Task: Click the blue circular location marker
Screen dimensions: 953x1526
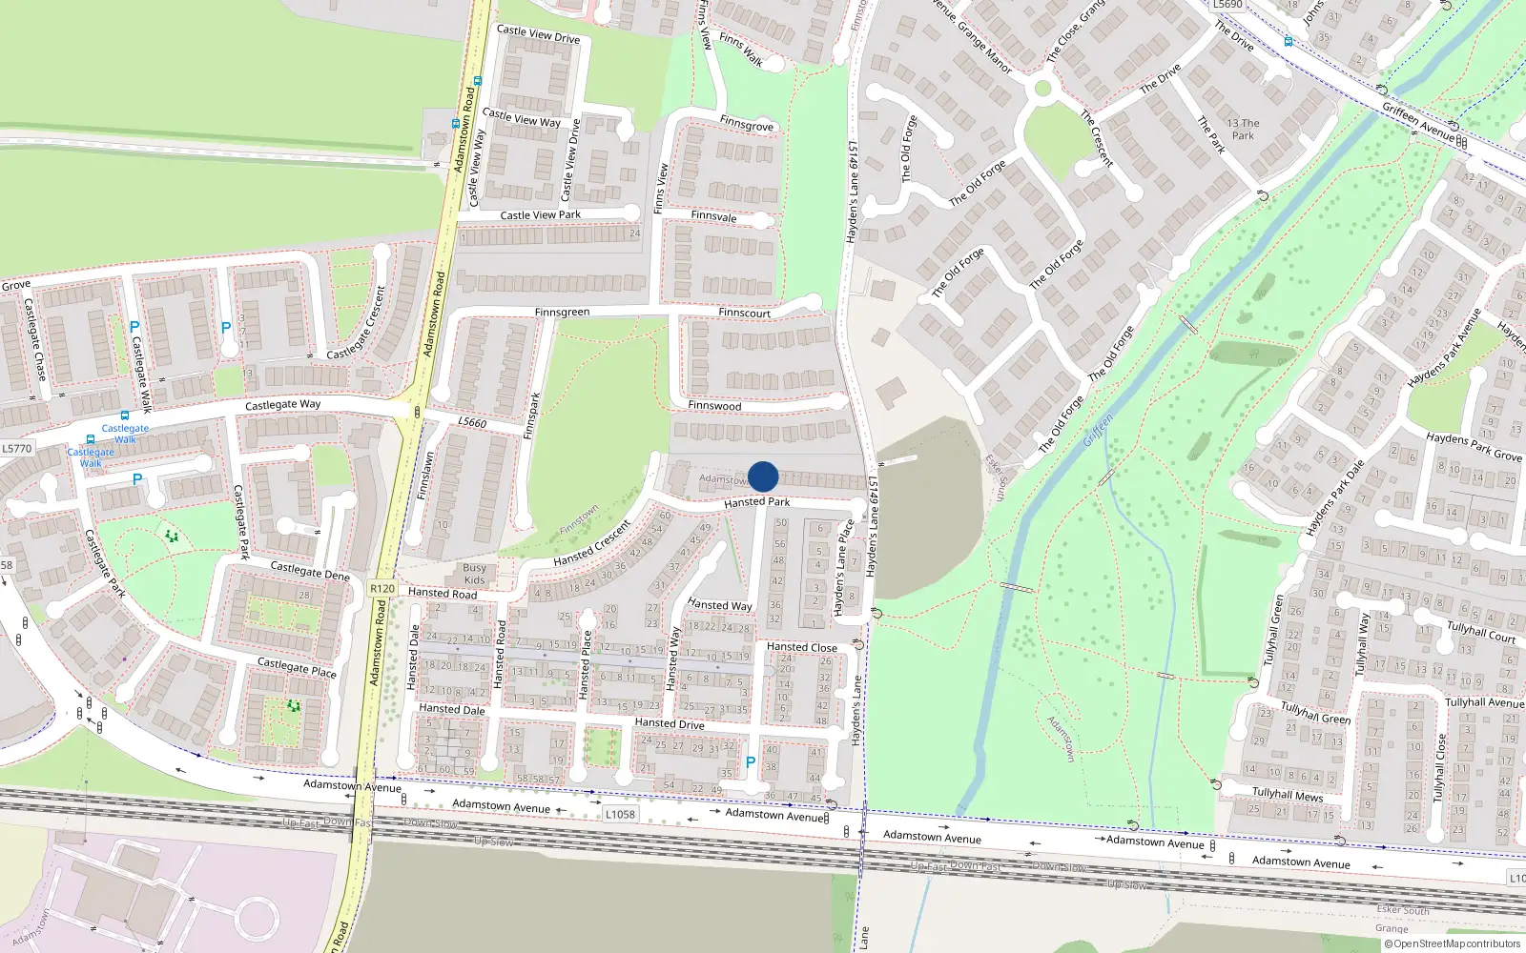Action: (x=763, y=476)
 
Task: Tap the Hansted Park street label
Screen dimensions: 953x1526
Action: (x=756, y=502)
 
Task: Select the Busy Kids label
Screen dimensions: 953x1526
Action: (x=475, y=574)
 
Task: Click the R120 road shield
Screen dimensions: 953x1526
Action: (x=382, y=589)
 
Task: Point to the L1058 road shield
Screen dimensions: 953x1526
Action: (x=620, y=814)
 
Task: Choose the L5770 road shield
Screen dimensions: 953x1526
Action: (x=16, y=448)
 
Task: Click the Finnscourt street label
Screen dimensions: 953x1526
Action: (x=744, y=313)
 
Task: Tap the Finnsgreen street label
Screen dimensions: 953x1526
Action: (x=562, y=313)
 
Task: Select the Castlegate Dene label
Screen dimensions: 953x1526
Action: (x=310, y=571)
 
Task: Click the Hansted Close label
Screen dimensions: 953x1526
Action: (x=802, y=647)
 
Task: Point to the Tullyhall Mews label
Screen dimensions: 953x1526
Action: (x=1288, y=794)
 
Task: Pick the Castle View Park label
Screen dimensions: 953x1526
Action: (x=540, y=215)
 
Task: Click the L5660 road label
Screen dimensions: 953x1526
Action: (x=472, y=422)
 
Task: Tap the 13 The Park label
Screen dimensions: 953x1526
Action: (x=1243, y=130)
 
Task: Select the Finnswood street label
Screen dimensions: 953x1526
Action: (x=714, y=406)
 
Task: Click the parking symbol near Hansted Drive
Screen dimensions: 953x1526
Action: (x=751, y=762)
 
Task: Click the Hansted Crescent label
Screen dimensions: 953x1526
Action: (x=592, y=543)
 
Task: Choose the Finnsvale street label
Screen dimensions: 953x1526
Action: (x=713, y=216)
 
